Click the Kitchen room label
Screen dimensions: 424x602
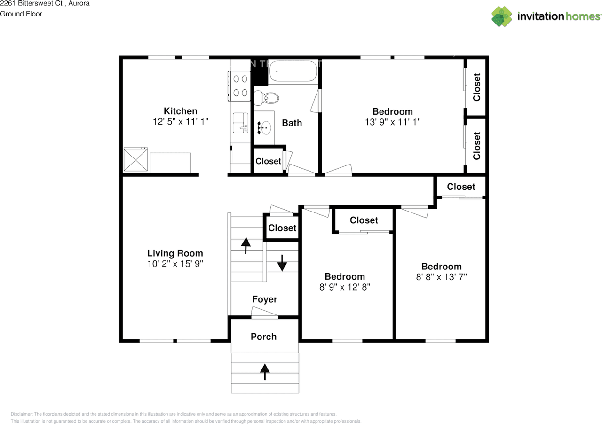pos(180,111)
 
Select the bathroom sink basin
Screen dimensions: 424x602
pos(265,127)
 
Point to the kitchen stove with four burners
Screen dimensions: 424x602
pos(239,86)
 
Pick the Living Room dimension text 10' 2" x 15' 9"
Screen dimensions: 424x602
pos(175,264)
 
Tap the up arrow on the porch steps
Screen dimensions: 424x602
pos(265,371)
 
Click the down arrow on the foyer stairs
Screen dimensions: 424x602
pos(282,263)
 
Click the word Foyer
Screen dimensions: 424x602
pos(264,299)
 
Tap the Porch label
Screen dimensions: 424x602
pos(263,337)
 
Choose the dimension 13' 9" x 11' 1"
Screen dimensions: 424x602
pos(392,122)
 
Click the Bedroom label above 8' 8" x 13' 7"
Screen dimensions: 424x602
pos(441,266)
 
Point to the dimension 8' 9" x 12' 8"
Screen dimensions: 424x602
pos(345,287)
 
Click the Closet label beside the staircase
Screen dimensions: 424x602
pos(282,228)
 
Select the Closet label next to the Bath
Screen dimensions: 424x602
pos(268,161)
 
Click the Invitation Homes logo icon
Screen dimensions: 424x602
pos(502,16)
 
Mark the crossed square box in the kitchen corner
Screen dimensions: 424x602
pos(136,160)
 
